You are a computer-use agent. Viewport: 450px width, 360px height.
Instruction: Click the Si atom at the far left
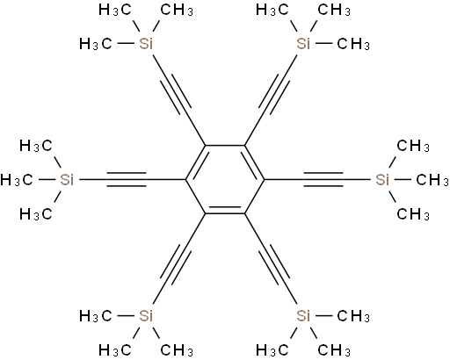pos(67,180)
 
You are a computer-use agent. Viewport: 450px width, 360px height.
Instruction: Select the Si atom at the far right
pos(382,180)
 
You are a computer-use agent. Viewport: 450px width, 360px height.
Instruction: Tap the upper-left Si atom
pos(146,44)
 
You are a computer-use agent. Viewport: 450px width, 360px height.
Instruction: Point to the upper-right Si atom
pos(303,44)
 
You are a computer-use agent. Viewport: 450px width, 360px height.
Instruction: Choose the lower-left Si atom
pos(146,316)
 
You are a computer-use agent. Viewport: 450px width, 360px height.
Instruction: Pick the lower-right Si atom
pos(303,316)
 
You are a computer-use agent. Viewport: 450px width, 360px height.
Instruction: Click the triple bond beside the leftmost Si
pos(127,180)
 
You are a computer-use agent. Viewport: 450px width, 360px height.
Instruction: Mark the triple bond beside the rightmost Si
pos(323,180)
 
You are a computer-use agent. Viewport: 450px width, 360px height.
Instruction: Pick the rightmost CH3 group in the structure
pos(432,180)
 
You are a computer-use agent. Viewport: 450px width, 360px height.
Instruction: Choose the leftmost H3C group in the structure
pos(17,180)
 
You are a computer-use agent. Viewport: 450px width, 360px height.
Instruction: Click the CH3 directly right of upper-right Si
pos(353,44)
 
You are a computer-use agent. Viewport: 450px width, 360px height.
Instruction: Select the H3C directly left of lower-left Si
pos(96,316)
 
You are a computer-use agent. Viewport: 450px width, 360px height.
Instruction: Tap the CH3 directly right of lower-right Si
pos(353,316)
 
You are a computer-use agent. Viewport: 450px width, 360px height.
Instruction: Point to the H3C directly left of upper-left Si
pos(96,44)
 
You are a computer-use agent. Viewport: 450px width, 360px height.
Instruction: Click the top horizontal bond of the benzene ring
pos(225,146)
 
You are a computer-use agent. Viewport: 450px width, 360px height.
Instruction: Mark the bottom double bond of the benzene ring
pos(225,210)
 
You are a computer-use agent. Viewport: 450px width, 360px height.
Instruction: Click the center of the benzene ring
pos(225,180)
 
